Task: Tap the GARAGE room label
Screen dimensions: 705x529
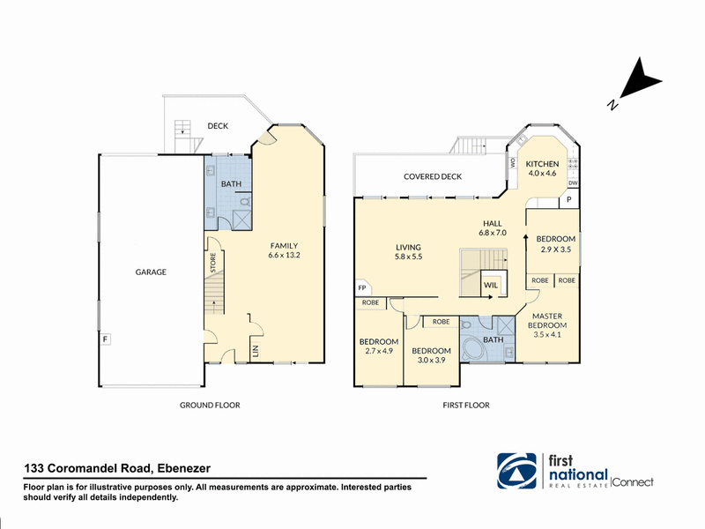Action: (151, 272)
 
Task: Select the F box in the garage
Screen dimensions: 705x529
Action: (105, 339)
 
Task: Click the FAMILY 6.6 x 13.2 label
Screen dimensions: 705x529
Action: (284, 250)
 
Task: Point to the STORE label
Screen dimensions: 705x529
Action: (213, 262)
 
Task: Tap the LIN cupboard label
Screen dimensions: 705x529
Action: (256, 350)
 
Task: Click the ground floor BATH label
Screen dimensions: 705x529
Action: (231, 183)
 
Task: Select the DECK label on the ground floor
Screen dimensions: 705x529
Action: (218, 126)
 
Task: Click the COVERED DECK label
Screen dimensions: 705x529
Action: (433, 176)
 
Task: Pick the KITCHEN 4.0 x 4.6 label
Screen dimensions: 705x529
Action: (542, 168)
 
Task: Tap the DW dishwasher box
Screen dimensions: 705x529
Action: (573, 183)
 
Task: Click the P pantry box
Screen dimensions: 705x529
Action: (568, 199)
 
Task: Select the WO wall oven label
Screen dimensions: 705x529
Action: (513, 162)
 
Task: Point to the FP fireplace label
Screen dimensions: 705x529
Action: (361, 288)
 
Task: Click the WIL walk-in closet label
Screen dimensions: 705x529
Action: (491, 285)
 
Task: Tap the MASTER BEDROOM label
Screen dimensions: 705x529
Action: (547, 320)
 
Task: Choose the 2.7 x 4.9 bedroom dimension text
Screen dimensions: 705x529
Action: (379, 351)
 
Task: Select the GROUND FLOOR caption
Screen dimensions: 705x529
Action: (210, 405)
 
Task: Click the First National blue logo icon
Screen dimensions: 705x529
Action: (516, 471)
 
